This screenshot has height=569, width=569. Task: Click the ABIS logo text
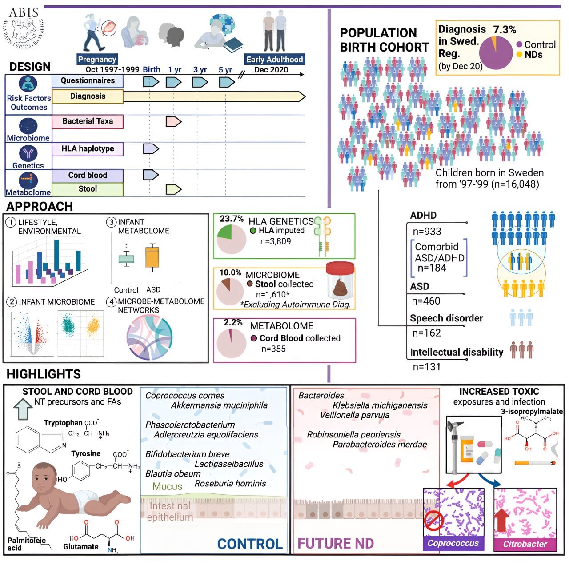pos(24,12)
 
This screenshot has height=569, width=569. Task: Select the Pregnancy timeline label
pos(97,59)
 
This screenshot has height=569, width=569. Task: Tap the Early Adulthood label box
pos(275,60)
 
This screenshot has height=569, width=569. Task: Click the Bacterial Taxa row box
pos(88,121)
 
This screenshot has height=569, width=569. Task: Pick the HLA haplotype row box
pos(88,149)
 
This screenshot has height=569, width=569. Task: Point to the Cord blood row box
pos(88,175)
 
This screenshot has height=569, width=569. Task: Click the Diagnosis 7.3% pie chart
pos(496,53)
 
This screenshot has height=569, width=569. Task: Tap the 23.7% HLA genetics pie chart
pos(231,239)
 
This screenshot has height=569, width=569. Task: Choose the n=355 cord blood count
pos(273,349)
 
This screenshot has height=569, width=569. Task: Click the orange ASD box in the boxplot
pos(152,257)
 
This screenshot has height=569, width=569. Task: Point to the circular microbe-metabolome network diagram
pos(149,337)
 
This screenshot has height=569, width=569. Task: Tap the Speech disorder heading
pos(446,318)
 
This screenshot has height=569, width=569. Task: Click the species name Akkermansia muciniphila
pos(219,405)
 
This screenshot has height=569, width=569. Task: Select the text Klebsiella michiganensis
pos(380,405)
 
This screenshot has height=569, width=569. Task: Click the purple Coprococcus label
pos(453,543)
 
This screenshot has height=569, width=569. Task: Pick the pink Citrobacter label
pos(525,544)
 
